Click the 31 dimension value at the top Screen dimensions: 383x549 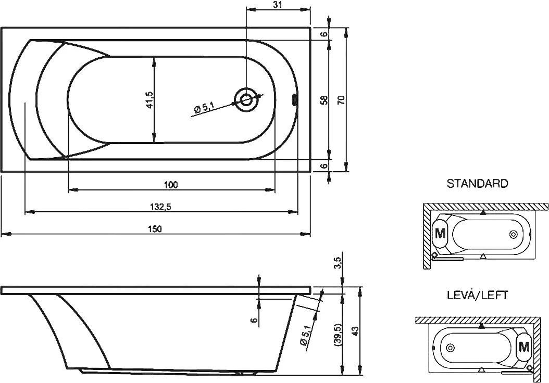[277, 5]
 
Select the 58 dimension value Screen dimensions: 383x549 [323, 99]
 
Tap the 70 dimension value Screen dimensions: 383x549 [341, 99]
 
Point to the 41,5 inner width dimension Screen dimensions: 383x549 [149, 99]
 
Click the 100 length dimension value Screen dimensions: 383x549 [171, 185]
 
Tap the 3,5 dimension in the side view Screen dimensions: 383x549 [338, 263]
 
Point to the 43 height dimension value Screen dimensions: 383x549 [355, 330]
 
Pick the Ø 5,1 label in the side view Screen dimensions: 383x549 [305, 334]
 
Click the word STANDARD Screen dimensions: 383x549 [477, 184]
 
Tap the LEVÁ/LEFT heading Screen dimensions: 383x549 [477, 295]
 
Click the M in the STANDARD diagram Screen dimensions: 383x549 [441, 233]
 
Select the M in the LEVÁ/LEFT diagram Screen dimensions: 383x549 [523, 346]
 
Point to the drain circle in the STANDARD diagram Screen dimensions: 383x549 [514, 234]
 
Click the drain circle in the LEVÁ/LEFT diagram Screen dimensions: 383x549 [451, 347]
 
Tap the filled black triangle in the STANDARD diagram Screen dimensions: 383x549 [483, 212]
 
